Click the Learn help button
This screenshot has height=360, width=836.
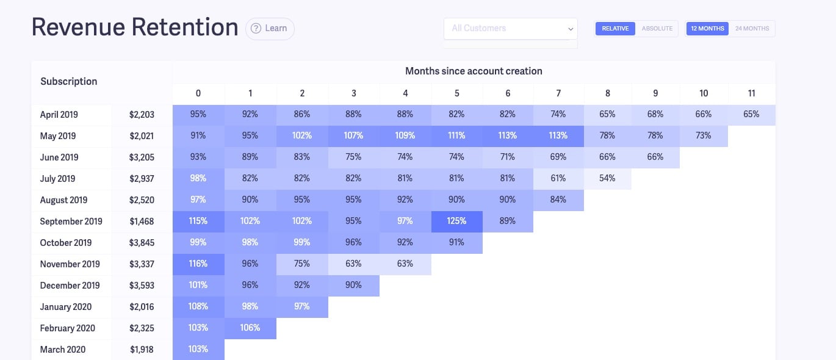pos(270,28)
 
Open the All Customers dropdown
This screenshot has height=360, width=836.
pos(510,28)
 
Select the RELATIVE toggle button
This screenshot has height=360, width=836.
pos(615,29)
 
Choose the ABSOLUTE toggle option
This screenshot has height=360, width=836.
pos(657,29)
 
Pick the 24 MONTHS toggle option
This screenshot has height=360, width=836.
pos(752,29)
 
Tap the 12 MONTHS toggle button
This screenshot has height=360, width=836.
pos(707,29)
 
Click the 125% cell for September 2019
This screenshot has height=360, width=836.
pos(456,221)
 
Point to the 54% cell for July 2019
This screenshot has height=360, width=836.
pos(607,178)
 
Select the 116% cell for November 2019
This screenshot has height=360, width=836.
pos(198,264)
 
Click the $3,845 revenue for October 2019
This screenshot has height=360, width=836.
pos(142,242)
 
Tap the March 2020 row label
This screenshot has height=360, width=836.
pos(63,349)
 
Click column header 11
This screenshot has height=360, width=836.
pos(751,93)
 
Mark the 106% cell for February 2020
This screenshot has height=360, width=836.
pos(250,328)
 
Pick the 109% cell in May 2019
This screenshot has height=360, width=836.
pos(405,135)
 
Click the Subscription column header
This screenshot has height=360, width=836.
pos(69,81)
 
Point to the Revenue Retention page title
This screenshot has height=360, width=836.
pos(135,27)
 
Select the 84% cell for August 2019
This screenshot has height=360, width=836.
pos(558,200)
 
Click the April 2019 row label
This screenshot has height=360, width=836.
pos(59,114)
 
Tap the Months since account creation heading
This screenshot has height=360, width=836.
pos(474,71)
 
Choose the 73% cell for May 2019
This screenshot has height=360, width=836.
pos(704,135)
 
